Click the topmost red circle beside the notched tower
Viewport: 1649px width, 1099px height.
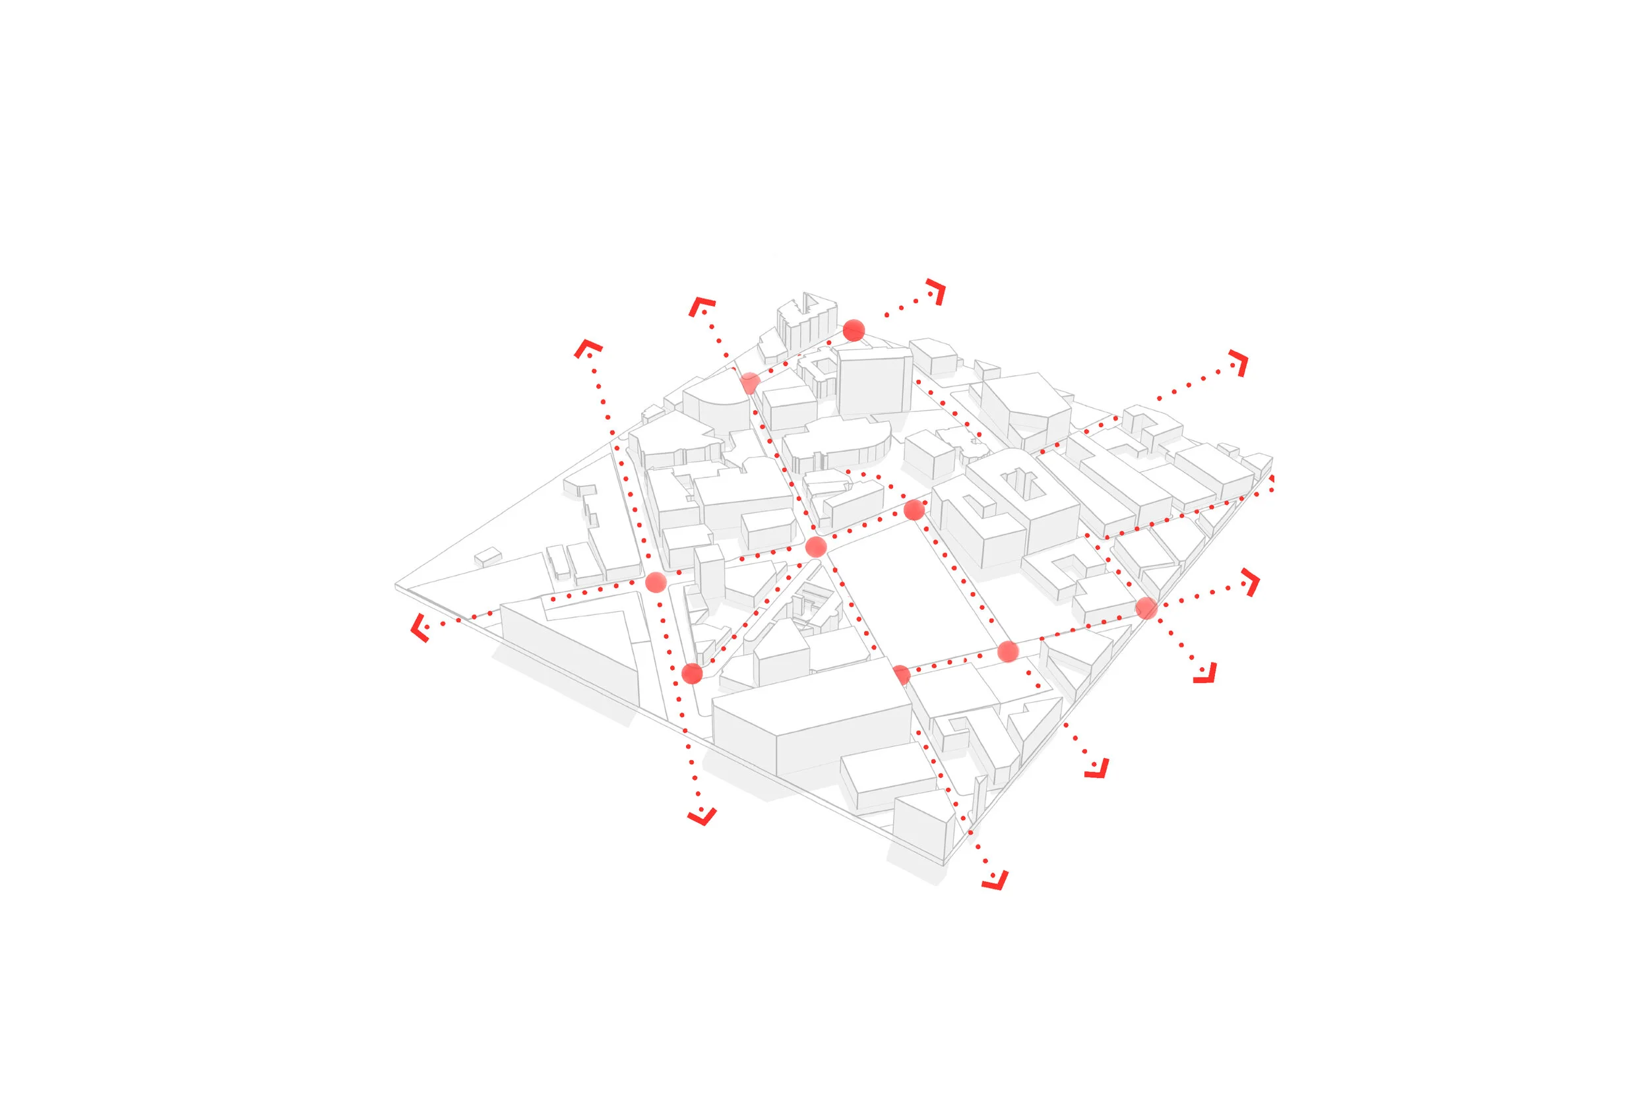854,330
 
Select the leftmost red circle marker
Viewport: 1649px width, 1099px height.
656,581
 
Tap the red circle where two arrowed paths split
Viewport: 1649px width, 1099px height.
1146,608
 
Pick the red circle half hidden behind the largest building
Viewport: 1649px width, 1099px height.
902,675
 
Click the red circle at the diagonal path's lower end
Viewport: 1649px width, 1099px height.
692,674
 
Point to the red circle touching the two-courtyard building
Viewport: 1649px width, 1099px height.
914,510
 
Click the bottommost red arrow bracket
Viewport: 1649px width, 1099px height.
995,881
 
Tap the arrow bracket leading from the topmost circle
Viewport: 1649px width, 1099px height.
937,291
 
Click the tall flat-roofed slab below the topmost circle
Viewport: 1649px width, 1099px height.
873,382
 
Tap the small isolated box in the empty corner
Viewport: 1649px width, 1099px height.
488,557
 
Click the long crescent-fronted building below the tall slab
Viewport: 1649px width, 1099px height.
838,445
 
